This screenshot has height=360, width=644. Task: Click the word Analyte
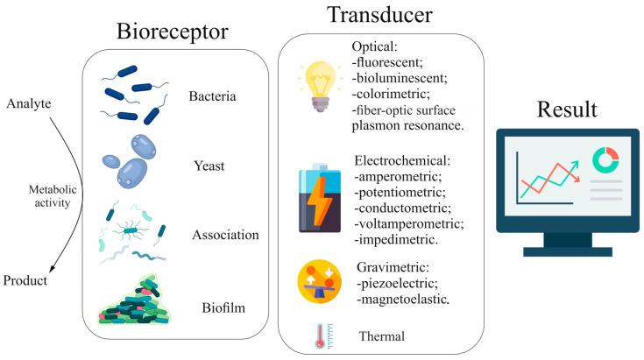pyautogui.click(x=31, y=104)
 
